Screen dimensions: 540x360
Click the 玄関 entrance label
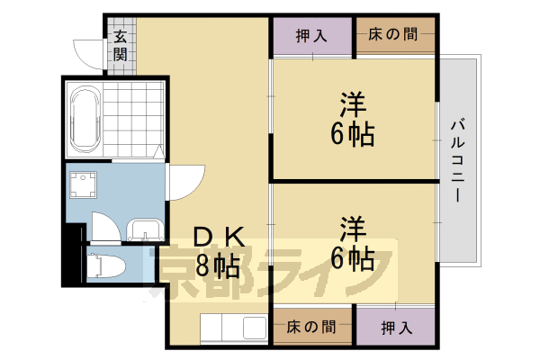click(121, 46)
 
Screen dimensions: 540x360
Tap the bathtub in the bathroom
click(85, 119)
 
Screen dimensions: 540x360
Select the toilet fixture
click(105, 265)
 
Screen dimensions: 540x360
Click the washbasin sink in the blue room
click(145, 229)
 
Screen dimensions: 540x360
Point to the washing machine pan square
click(83, 185)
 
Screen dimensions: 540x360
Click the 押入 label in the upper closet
click(311, 35)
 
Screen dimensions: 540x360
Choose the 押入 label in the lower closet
click(396, 328)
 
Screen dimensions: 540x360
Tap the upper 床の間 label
click(393, 34)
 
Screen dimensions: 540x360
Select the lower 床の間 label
click(311, 327)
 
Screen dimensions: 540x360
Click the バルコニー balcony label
click(458, 160)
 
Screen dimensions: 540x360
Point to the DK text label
click(219, 238)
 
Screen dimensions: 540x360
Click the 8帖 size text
click(218, 266)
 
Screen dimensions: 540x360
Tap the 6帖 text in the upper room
click(353, 134)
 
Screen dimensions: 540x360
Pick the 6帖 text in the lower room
click(353, 257)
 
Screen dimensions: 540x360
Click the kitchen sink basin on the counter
click(255, 328)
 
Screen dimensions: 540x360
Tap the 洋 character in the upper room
click(353, 104)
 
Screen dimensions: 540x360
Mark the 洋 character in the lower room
click(353, 229)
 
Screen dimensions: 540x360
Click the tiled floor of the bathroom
click(133, 119)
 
